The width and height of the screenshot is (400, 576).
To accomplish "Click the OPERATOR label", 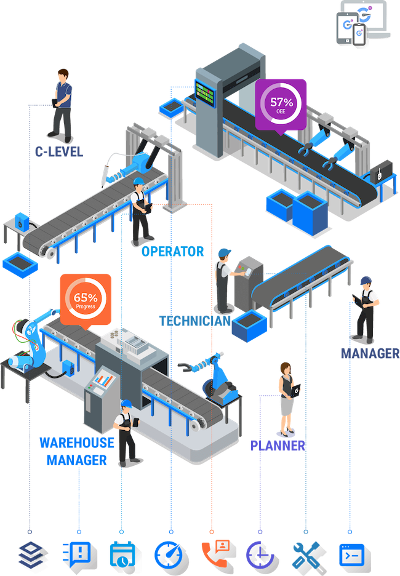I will coord(173,251).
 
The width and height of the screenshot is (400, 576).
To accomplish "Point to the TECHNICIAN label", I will coord(195,321).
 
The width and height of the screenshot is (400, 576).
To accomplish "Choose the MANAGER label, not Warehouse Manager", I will coord(369,353).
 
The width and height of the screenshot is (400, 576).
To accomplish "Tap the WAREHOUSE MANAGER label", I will coord(76,450).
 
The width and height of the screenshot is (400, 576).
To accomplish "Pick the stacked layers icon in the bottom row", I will coord(29,553).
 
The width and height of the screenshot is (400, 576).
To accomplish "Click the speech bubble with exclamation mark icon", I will coord(78,553).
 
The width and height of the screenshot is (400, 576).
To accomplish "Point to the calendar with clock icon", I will coord(121,553).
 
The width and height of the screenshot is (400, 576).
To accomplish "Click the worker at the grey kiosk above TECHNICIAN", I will coord(224,280).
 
